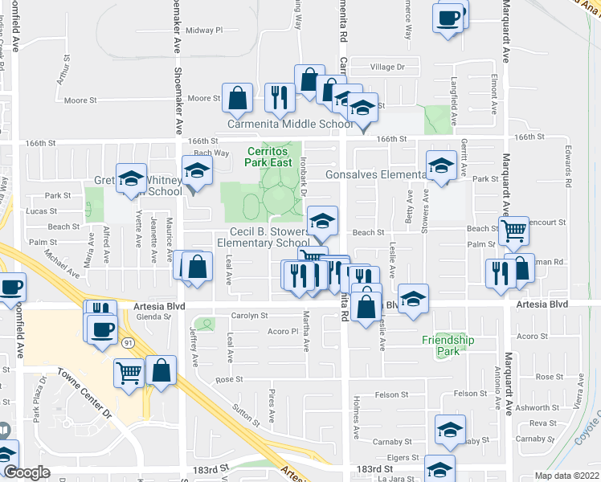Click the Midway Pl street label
click(x=203, y=31)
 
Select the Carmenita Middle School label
click(x=291, y=124)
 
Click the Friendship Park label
click(x=448, y=346)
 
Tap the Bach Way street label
click(x=211, y=153)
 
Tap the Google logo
click(x=27, y=472)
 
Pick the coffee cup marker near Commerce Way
click(x=448, y=16)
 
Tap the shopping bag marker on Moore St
click(x=238, y=99)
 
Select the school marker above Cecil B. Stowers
click(x=322, y=221)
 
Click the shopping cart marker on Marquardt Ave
click(x=513, y=231)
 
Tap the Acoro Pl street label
click(x=283, y=331)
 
